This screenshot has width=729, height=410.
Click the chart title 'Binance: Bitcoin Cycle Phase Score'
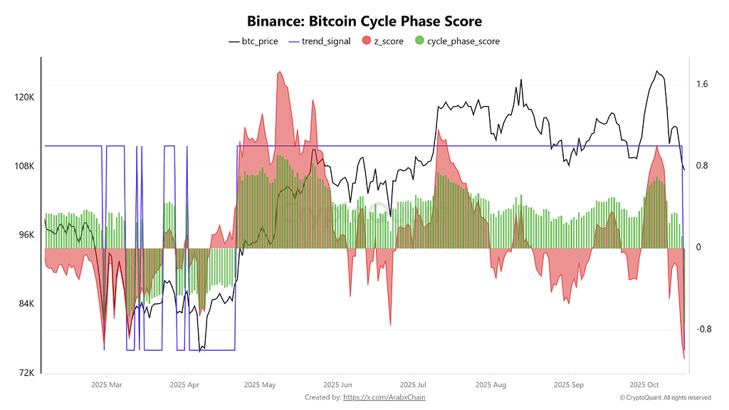[x=364, y=21]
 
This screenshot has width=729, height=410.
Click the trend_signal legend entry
[x=326, y=41]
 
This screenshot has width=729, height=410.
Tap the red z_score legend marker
[x=367, y=41]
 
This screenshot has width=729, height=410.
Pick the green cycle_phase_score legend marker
[x=419, y=41]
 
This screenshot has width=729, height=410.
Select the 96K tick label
[x=26, y=236]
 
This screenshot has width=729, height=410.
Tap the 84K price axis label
[x=26, y=304]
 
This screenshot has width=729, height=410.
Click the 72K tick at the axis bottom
[x=26, y=373]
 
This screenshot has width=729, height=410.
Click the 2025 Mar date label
[x=107, y=385]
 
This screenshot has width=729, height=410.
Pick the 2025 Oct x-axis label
[x=644, y=385]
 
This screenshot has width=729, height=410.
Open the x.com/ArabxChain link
[x=384, y=397]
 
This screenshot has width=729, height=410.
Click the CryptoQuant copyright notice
[x=665, y=397]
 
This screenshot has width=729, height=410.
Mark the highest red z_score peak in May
[x=280, y=72]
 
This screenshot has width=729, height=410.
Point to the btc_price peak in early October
[x=657, y=71]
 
